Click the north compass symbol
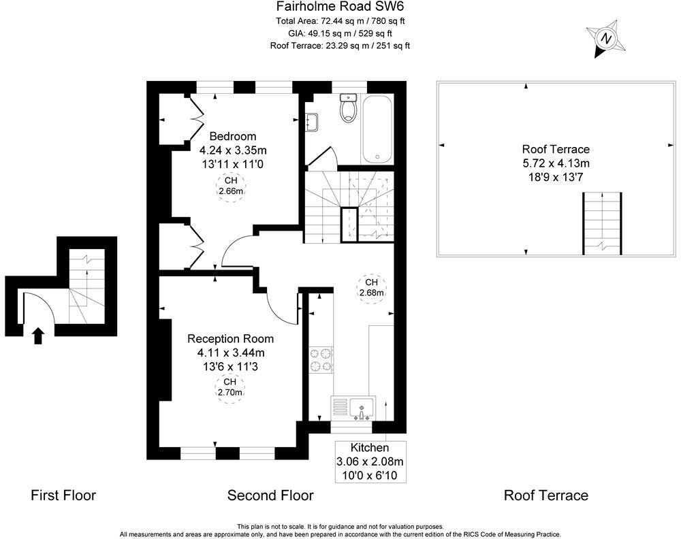tap(605, 39)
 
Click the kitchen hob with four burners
tap(321, 360)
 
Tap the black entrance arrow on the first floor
tap(39, 335)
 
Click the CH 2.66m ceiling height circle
tap(231, 186)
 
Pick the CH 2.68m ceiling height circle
tap(372, 287)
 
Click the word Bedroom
tap(232, 135)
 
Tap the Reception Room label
tap(230, 338)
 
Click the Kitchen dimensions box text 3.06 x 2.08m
tap(370, 461)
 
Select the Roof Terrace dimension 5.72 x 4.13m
tap(556, 163)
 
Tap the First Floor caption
tap(63, 495)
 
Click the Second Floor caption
tap(270, 495)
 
